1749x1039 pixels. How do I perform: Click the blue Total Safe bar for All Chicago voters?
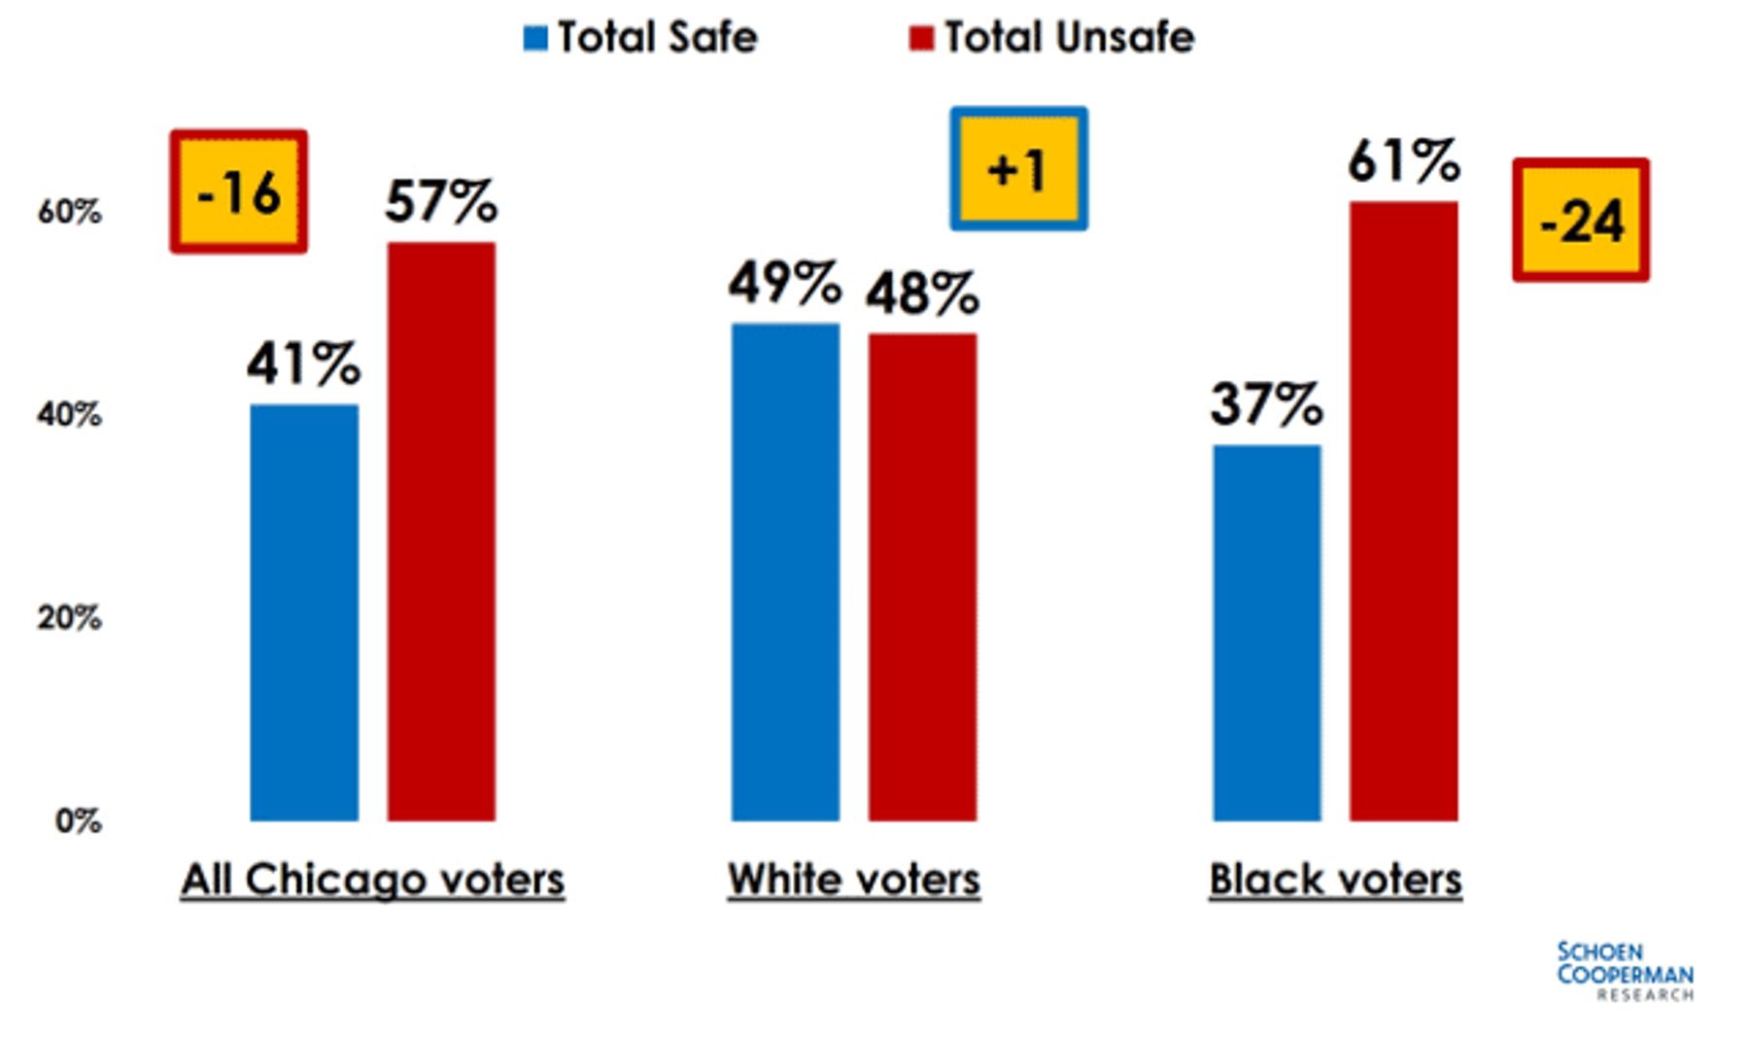304,612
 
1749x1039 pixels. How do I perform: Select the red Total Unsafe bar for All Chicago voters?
441,532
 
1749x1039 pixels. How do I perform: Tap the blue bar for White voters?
785,572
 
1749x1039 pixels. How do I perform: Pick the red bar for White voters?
922,577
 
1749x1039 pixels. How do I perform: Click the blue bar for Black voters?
1267,633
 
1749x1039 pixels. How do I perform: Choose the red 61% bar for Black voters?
1404,511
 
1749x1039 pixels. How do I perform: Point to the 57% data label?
441,201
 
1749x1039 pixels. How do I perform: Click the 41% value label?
303,364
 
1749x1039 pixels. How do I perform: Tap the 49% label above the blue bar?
785,283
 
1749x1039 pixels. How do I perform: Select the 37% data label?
1266,403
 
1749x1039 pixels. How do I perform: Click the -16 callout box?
239,191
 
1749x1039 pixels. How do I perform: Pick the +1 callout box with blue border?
1018,169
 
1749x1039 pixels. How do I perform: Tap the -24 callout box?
1581,221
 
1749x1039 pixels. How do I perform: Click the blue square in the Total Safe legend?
535,38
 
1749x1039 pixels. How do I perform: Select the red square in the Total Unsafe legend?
921,38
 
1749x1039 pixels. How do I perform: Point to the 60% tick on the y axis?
69,212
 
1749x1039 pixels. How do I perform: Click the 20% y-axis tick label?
69,618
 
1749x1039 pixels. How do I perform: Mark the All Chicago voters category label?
373,880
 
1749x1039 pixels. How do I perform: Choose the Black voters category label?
1335,880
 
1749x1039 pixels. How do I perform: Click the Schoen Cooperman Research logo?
1626,971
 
